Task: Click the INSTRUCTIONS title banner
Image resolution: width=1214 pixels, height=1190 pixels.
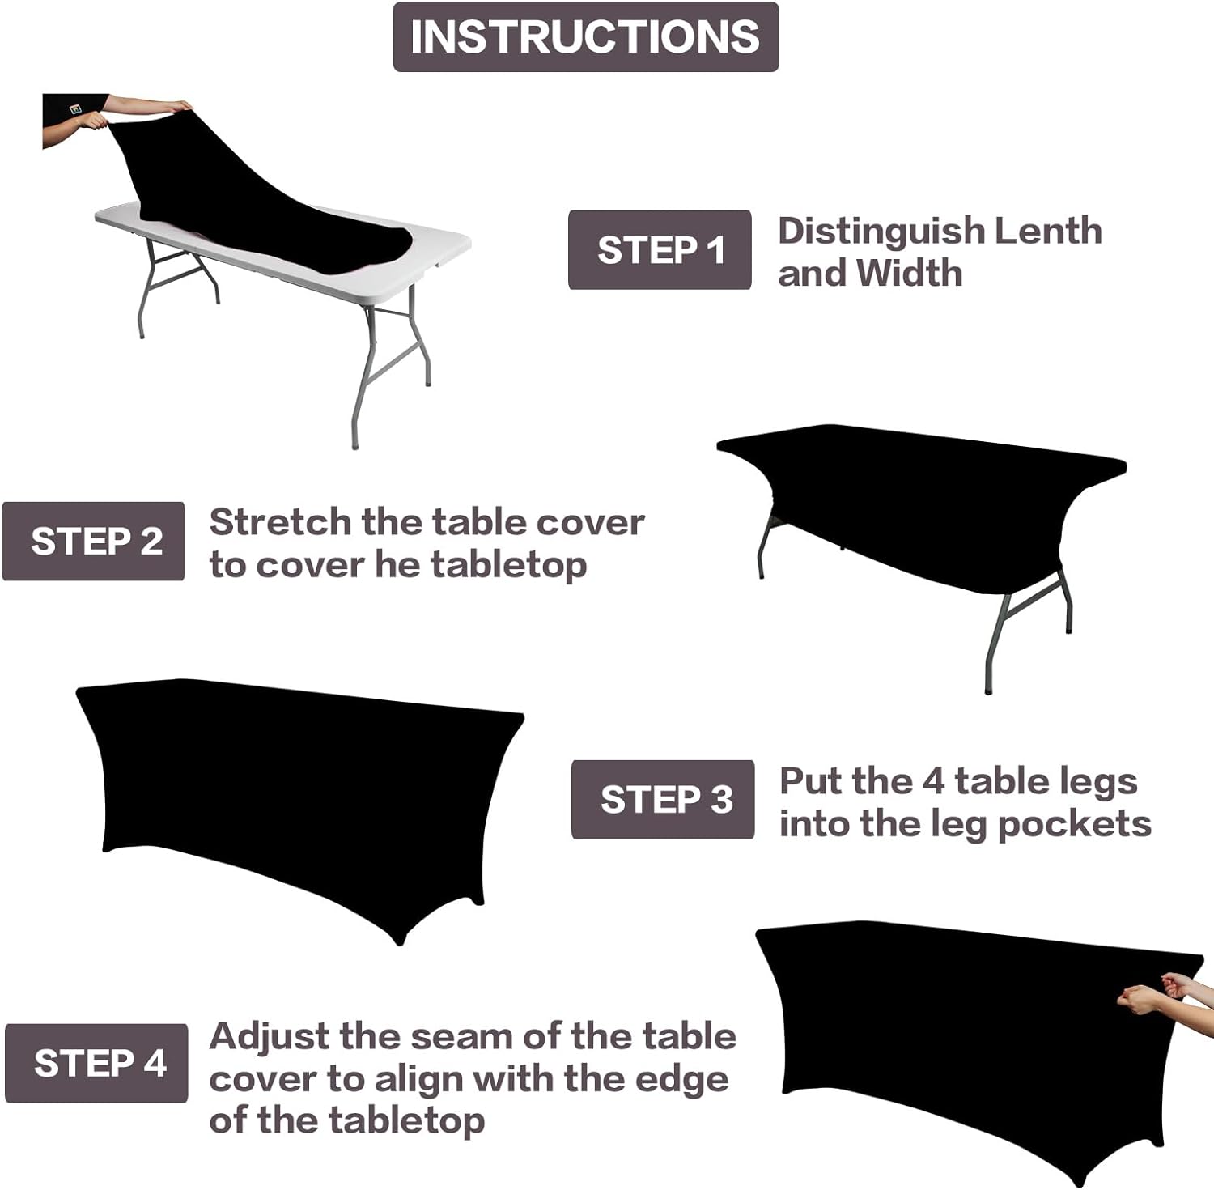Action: [x=585, y=37]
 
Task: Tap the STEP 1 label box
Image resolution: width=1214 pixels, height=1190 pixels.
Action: [x=660, y=250]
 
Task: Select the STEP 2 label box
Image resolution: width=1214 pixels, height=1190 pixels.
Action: [x=94, y=542]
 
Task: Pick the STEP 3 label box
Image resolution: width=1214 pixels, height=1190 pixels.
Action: [x=663, y=800]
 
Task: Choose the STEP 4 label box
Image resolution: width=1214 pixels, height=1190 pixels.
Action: [x=96, y=1063]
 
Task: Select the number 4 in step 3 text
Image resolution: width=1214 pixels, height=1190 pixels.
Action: [x=933, y=782]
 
